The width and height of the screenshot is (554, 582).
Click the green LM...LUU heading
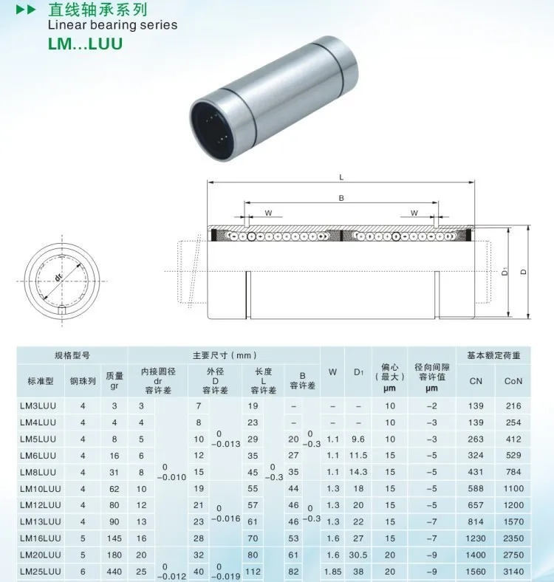click(x=85, y=44)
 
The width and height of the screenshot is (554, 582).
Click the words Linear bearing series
click(x=112, y=25)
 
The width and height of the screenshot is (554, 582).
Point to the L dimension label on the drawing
click(x=341, y=177)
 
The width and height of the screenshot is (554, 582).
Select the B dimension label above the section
click(x=341, y=198)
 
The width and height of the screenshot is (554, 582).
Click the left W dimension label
click(x=268, y=213)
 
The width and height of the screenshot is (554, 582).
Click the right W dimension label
click(x=414, y=213)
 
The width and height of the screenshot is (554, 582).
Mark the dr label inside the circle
click(x=58, y=277)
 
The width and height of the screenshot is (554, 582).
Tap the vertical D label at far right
click(x=524, y=272)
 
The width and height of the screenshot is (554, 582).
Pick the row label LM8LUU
click(x=38, y=472)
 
